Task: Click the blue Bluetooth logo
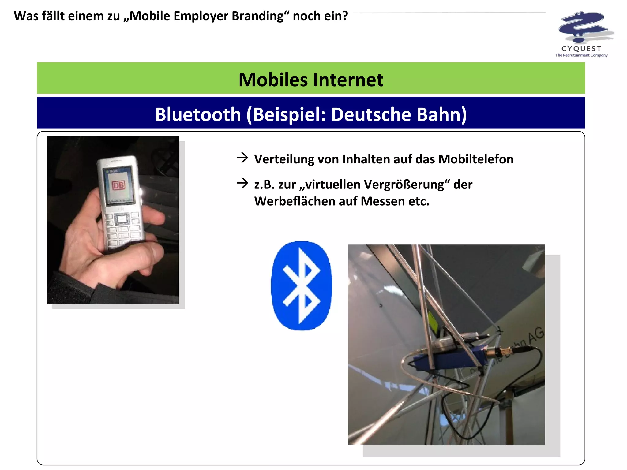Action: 302,285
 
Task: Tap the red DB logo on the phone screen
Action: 118,185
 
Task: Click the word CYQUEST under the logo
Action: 581,49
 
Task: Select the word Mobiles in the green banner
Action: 273,80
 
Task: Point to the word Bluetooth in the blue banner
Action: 198,114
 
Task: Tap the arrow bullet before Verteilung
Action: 242,158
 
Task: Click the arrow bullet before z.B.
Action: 242,183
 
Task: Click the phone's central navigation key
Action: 122,219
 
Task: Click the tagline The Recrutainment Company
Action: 581,55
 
